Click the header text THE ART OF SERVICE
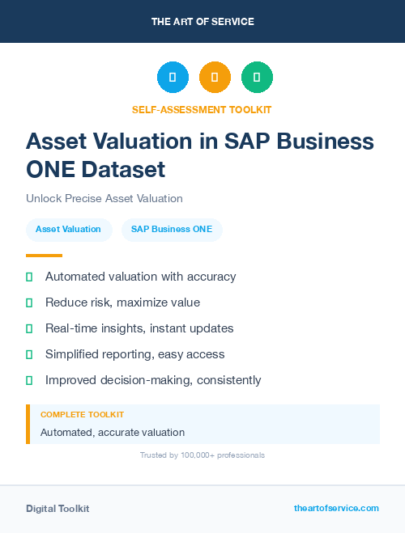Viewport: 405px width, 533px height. click(x=202, y=21)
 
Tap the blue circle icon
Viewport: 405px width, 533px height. click(x=173, y=77)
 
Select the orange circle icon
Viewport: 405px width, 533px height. click(x=215, y=77)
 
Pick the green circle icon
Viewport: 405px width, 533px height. click(x=257, y=77)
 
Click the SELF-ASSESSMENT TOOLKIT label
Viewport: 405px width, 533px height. click(x=202, y=109)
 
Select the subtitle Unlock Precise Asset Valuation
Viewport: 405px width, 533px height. click(x=104, y=198)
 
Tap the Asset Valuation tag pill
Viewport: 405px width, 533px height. click(x=68, y=229)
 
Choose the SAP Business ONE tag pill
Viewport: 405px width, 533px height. click(x=172, y=229)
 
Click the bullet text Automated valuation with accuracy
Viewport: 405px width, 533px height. click(x=140, y=277)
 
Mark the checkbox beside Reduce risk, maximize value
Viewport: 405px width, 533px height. click(x=29, y=302)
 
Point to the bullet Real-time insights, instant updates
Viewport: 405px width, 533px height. click(x=139, y=328)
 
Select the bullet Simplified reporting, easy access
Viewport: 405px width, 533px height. click(x=134, y=354)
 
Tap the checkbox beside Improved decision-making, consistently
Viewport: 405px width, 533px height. click(x=29, y=380)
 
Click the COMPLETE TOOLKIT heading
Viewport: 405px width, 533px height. click(x=82, y=414)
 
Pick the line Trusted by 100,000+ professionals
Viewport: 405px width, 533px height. click(x=202, y=455)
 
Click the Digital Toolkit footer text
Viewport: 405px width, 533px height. click(x=58, y=509)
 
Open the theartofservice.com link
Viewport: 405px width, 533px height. click(x=336, y=508)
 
